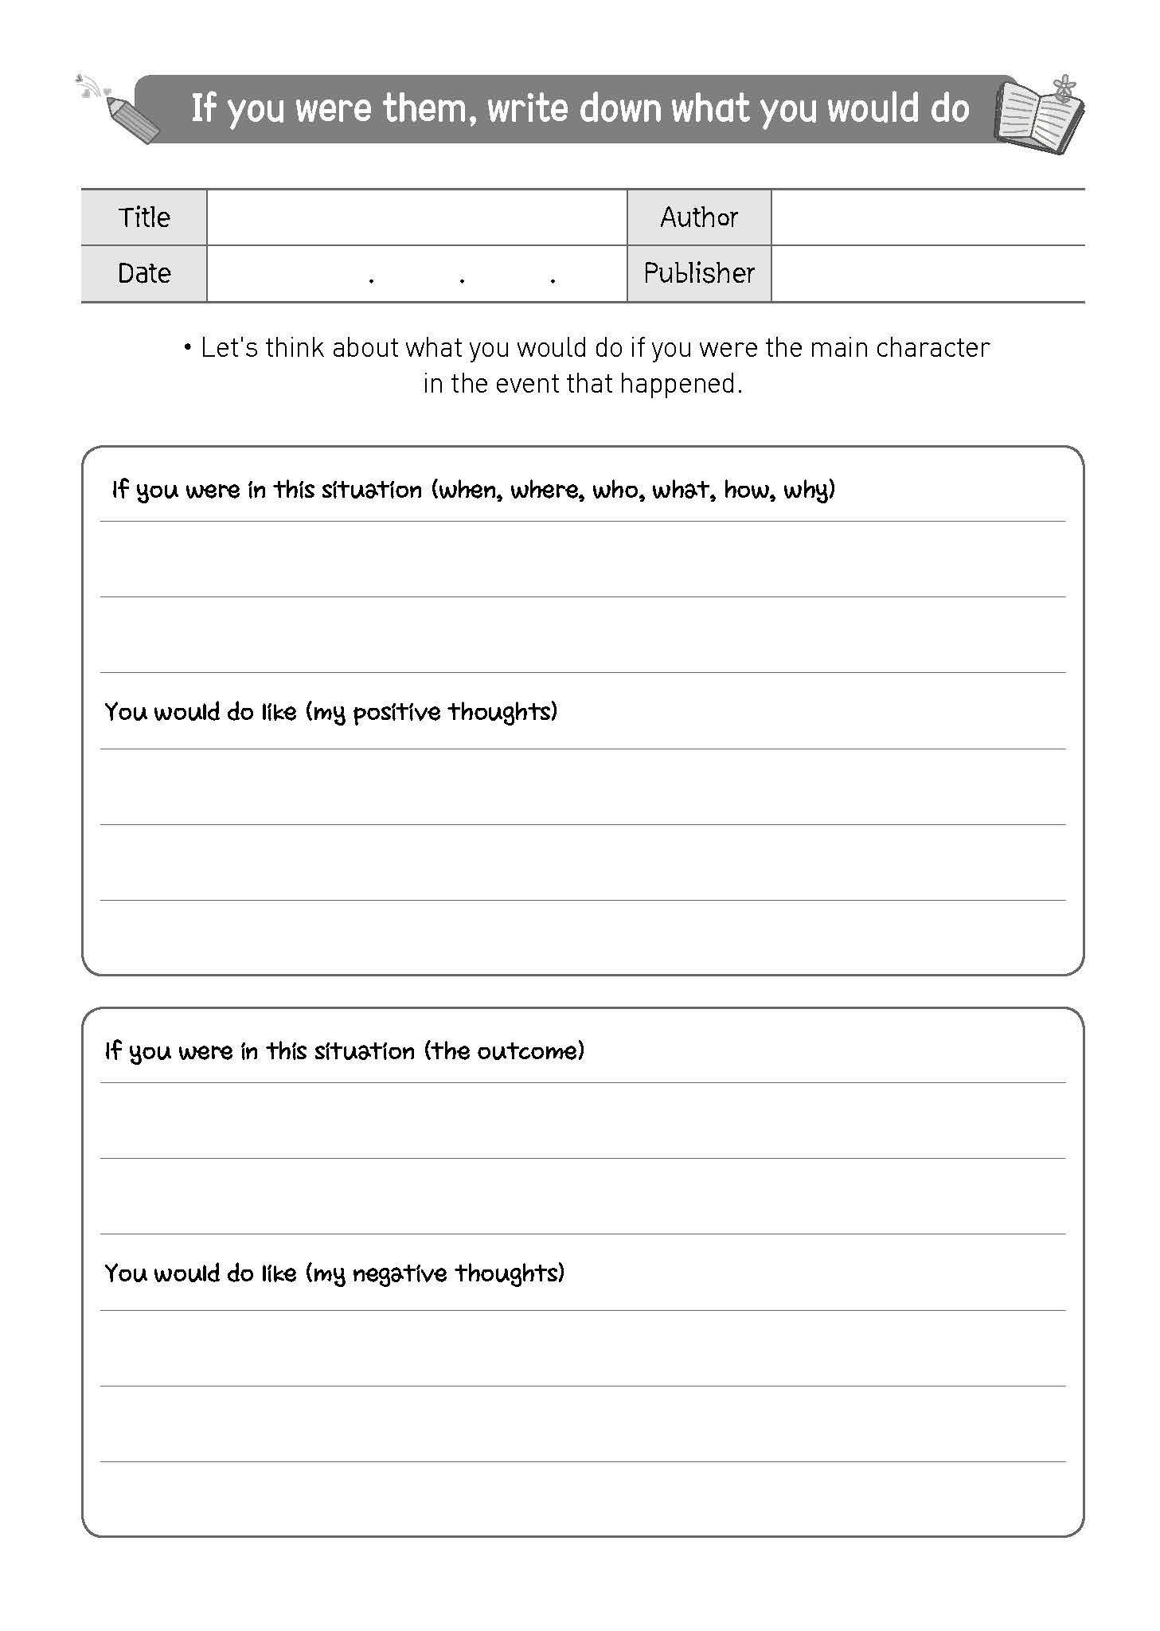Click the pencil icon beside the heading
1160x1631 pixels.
[132, 119]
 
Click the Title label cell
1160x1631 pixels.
[144, 217]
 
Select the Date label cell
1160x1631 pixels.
[144, 273]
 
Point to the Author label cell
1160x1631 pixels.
[698, 217]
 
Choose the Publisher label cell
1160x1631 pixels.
[698, 273]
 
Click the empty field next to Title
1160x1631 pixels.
[416, 217]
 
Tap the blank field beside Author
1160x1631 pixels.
[928, 217]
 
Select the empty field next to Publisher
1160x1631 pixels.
[928, 273]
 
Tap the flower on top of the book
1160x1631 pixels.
[1063, 86]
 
